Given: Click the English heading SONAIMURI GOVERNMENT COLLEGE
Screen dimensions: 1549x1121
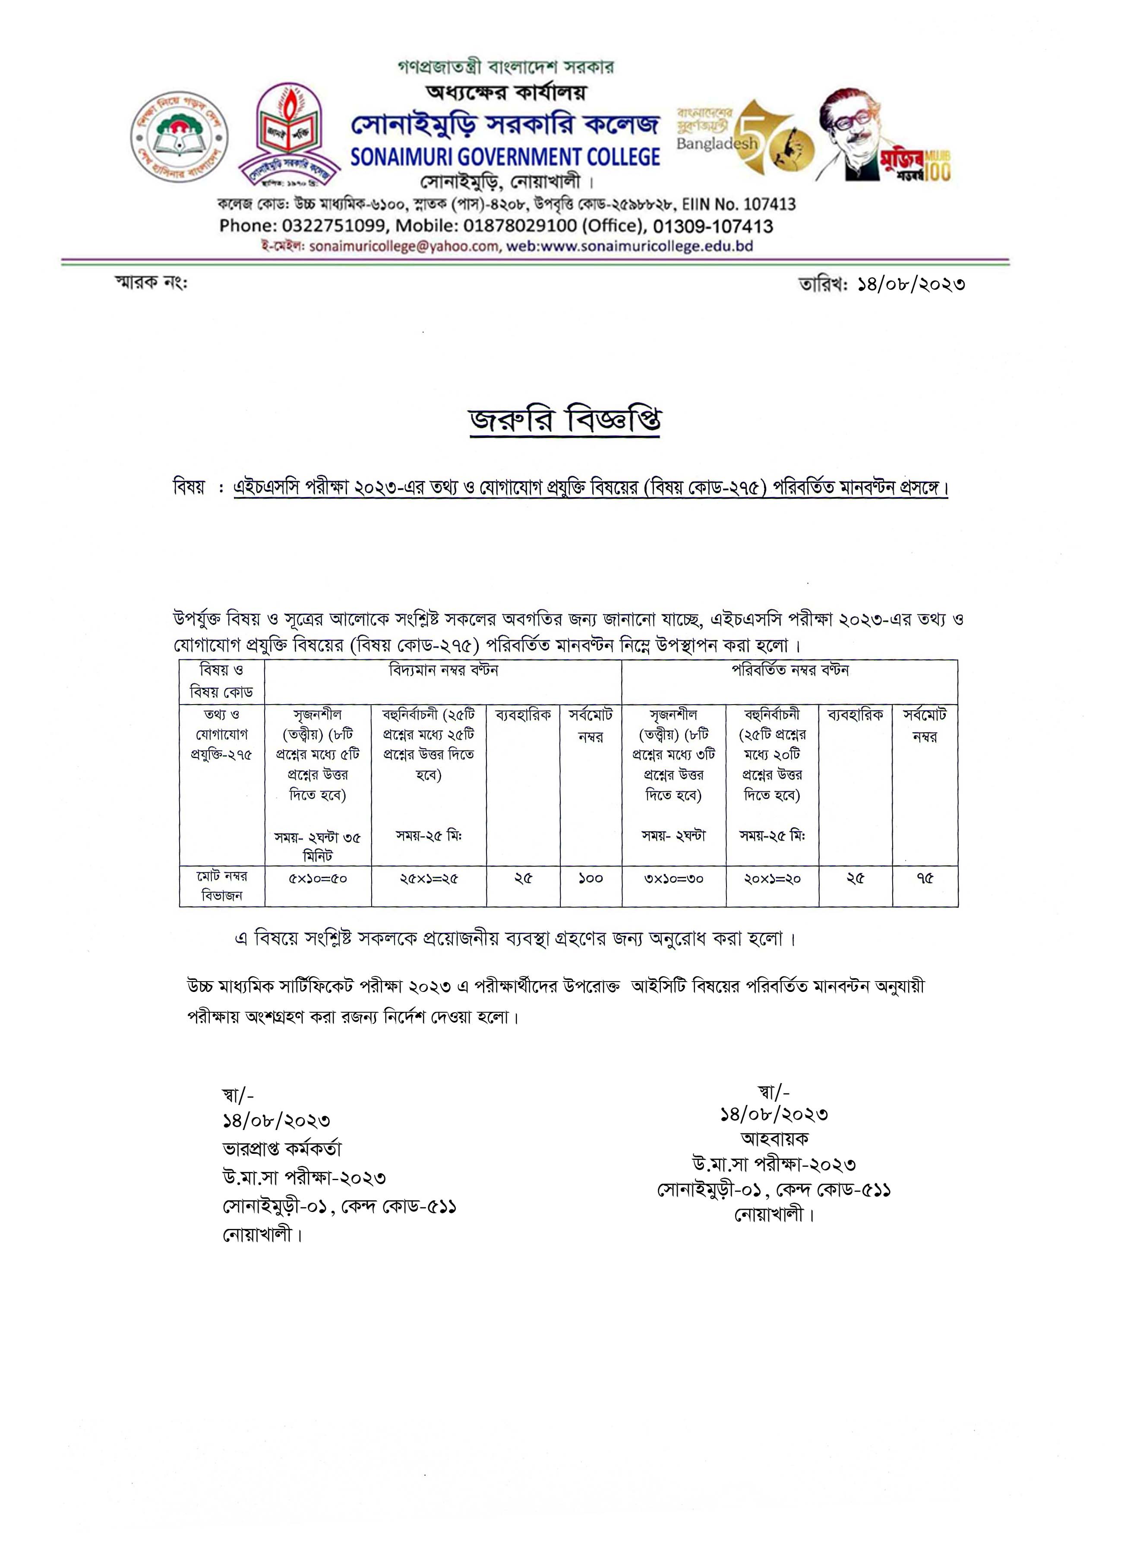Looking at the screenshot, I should tap(505, 157).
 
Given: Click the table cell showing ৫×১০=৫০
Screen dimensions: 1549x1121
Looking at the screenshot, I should tap(318, 878).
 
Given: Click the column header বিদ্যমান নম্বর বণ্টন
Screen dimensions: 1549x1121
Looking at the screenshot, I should tap(443, 670).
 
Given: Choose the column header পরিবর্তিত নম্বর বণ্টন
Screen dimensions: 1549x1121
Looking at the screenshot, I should tap(789, 670).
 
